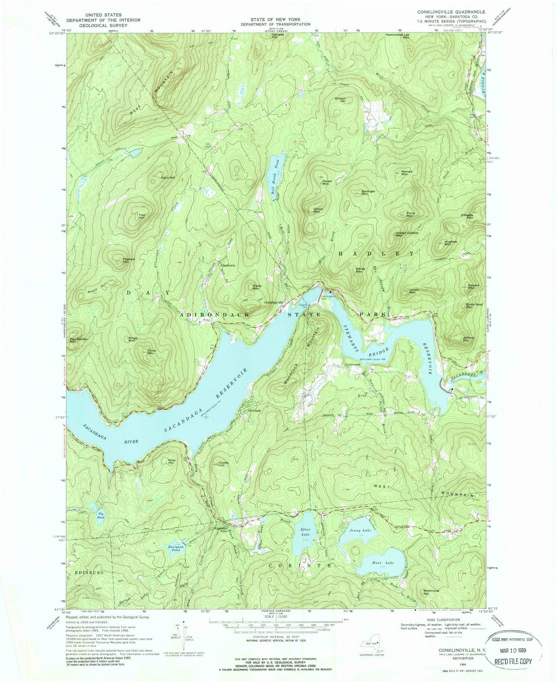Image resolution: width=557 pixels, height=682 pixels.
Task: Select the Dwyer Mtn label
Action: click(x=327, y=182)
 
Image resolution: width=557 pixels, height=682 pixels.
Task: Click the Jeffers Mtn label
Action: click(x=468, y=338)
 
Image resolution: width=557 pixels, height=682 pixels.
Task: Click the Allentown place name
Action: click(x=228, y=265)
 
